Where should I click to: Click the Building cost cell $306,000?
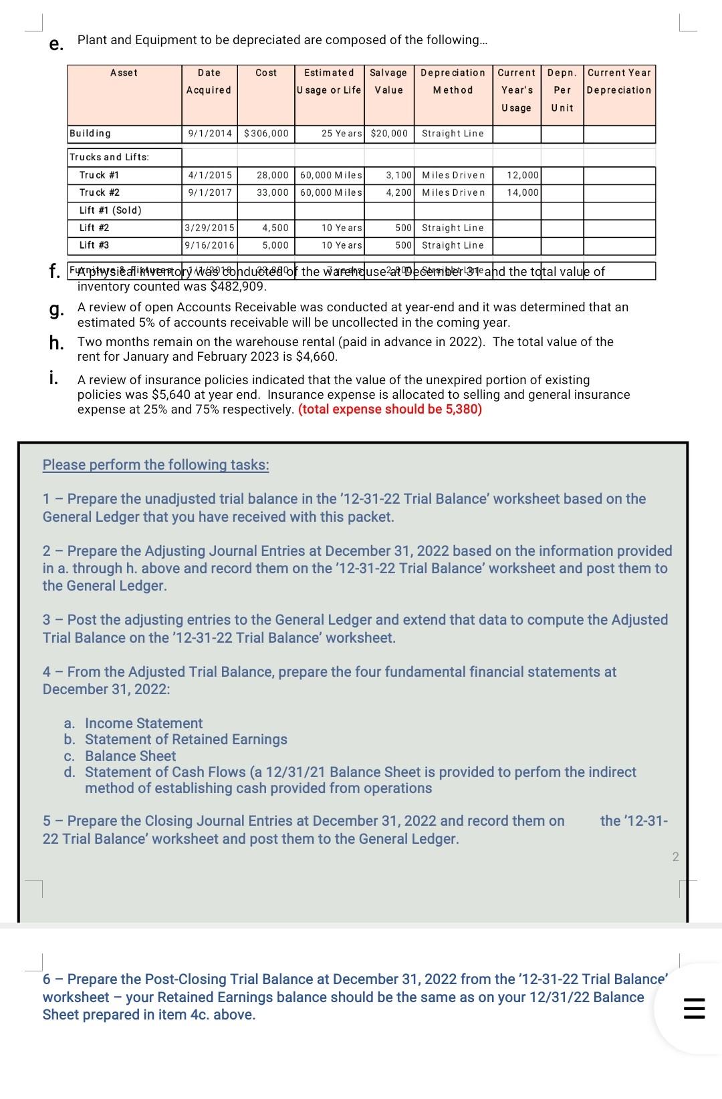click(266, 134)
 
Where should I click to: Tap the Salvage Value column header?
click(388, 81)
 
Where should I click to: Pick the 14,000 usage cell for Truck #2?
click(523, 192)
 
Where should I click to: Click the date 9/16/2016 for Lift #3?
click(209, 245)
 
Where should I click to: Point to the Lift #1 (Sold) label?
click(110, 210)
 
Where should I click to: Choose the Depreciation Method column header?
click(453, 81)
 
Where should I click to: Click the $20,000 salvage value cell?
click(388, 134)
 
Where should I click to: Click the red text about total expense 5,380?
click(390, 409)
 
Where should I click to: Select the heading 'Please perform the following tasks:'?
click(156, 465)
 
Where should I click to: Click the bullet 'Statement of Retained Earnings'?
click(186, 740)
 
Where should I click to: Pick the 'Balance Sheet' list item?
click(130, 756)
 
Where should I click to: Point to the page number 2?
click(675, 856)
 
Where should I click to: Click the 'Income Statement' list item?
click(144, 724)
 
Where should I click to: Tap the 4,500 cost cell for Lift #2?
click(275, 228)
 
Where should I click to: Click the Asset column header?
click(124, 73)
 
